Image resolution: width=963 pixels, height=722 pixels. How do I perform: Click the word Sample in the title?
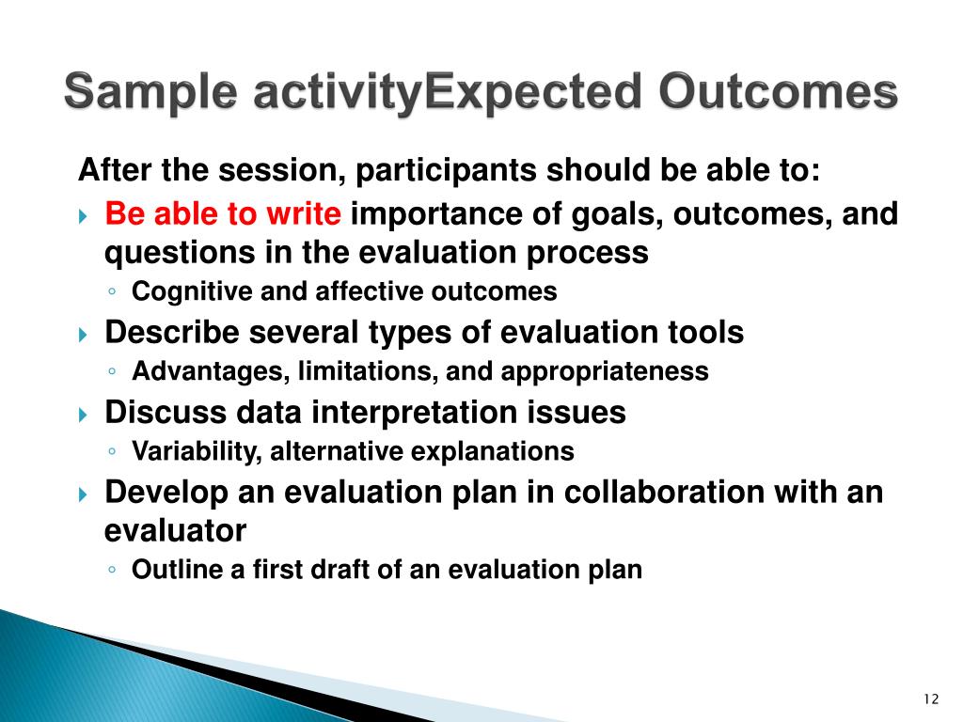coord(150,92)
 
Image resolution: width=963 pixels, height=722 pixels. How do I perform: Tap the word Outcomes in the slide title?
coord(778,91)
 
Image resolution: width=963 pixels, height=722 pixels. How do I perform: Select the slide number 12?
coord(931,698)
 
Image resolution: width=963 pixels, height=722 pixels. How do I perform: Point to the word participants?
coord(446,171)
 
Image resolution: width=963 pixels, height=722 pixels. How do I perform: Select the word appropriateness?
coord(605,372)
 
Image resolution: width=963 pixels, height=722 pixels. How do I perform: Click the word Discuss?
coord(166,412)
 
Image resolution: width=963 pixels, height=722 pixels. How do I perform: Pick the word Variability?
coord(197,452)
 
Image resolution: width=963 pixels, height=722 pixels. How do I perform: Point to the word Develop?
coord(166,493)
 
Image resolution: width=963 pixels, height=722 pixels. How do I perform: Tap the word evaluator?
coord(175,531)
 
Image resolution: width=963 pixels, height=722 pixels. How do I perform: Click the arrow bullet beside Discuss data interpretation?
coord(84,416)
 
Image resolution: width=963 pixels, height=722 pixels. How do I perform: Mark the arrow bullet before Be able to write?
coord(84,217)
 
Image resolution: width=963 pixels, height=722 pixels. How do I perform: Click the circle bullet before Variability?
coord(112,451)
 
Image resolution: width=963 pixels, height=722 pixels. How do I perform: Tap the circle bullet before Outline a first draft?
coord(112,569)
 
